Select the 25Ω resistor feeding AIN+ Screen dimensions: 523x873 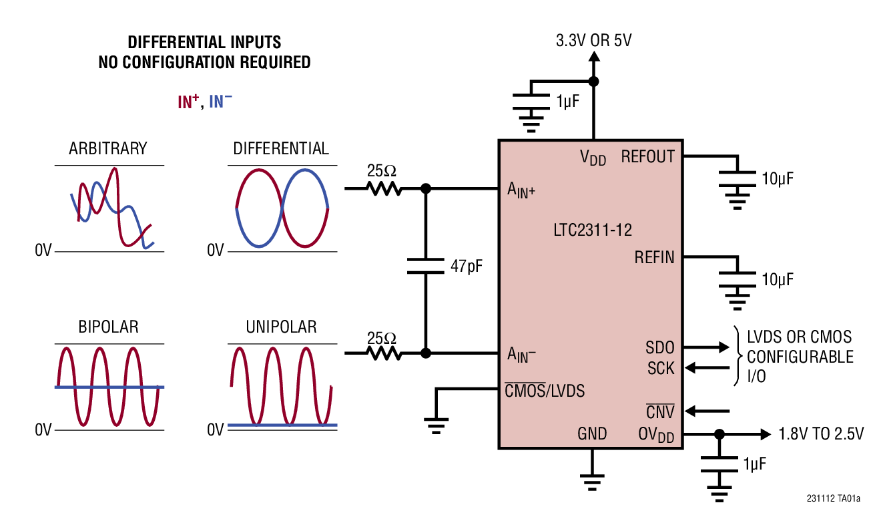point(383,189)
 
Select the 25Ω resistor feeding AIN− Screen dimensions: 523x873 point(383,353)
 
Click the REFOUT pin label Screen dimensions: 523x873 point(647,157)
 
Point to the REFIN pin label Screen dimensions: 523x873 point(654,258)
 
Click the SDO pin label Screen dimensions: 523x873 point(659,347)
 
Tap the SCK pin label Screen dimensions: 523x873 point(660,368)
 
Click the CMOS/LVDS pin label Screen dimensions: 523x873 point(545,391)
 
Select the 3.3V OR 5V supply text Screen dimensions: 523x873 point(593,40)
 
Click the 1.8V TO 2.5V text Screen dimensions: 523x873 point(821,433)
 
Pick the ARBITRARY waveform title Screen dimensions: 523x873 point(108,148)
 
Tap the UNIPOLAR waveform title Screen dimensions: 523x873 point(281,327)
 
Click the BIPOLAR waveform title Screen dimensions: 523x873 point(108,327)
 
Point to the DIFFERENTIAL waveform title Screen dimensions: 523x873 point(281,148)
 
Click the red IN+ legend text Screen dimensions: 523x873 point(188,102)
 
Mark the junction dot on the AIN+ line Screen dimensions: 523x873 point(426,189)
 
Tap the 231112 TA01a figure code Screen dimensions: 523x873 point(833,498)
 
